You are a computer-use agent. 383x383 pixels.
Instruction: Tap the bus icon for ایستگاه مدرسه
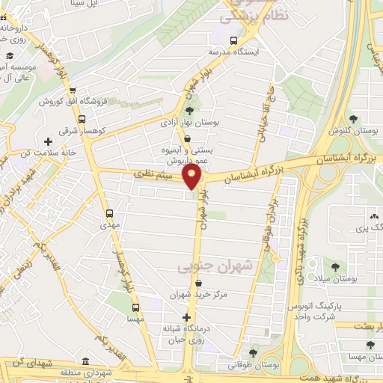coord(234,40)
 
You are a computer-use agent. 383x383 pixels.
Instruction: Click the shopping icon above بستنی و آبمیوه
coord(186,138)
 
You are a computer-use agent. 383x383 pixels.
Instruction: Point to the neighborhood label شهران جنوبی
coord(203,266)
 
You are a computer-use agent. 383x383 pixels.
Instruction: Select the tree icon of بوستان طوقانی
coord(254,352)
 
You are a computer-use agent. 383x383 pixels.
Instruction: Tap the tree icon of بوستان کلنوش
coord(352,119)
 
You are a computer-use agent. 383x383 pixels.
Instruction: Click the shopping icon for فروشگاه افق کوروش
coord(82,102)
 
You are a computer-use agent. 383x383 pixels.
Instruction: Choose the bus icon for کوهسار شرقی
coord(82,118)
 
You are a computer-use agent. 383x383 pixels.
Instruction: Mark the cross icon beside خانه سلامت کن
coord(49,141)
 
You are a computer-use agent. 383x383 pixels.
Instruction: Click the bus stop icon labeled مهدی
coord(111,212)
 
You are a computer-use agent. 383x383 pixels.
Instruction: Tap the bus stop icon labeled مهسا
coord(135,307)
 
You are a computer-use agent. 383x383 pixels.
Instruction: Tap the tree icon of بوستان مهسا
coord(370,346)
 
